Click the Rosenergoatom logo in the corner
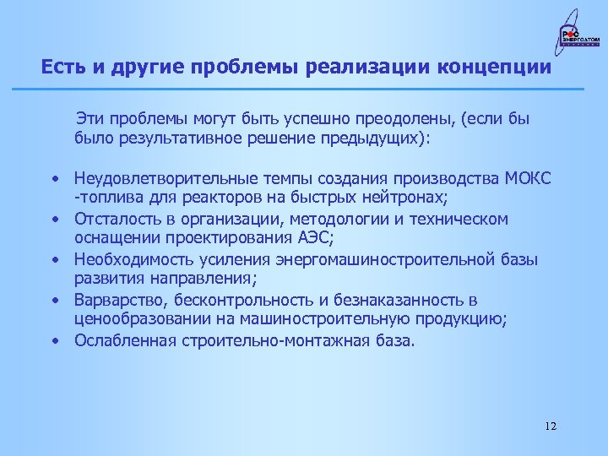574,36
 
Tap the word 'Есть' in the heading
62,67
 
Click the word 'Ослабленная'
121,340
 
